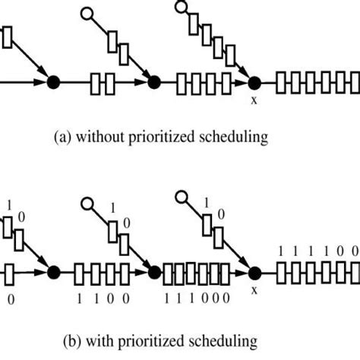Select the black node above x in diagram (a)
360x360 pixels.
click(254, 82)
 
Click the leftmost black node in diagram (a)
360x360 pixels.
click(53, 82)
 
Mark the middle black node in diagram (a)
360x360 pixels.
click(153, 82)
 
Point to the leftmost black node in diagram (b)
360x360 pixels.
click(53, 272)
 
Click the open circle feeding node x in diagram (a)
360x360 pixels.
click(181, 7)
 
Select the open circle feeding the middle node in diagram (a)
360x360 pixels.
click(86, 13)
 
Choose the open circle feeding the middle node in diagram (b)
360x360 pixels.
click(86, 204)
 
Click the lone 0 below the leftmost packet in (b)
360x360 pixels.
click(11, 300)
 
